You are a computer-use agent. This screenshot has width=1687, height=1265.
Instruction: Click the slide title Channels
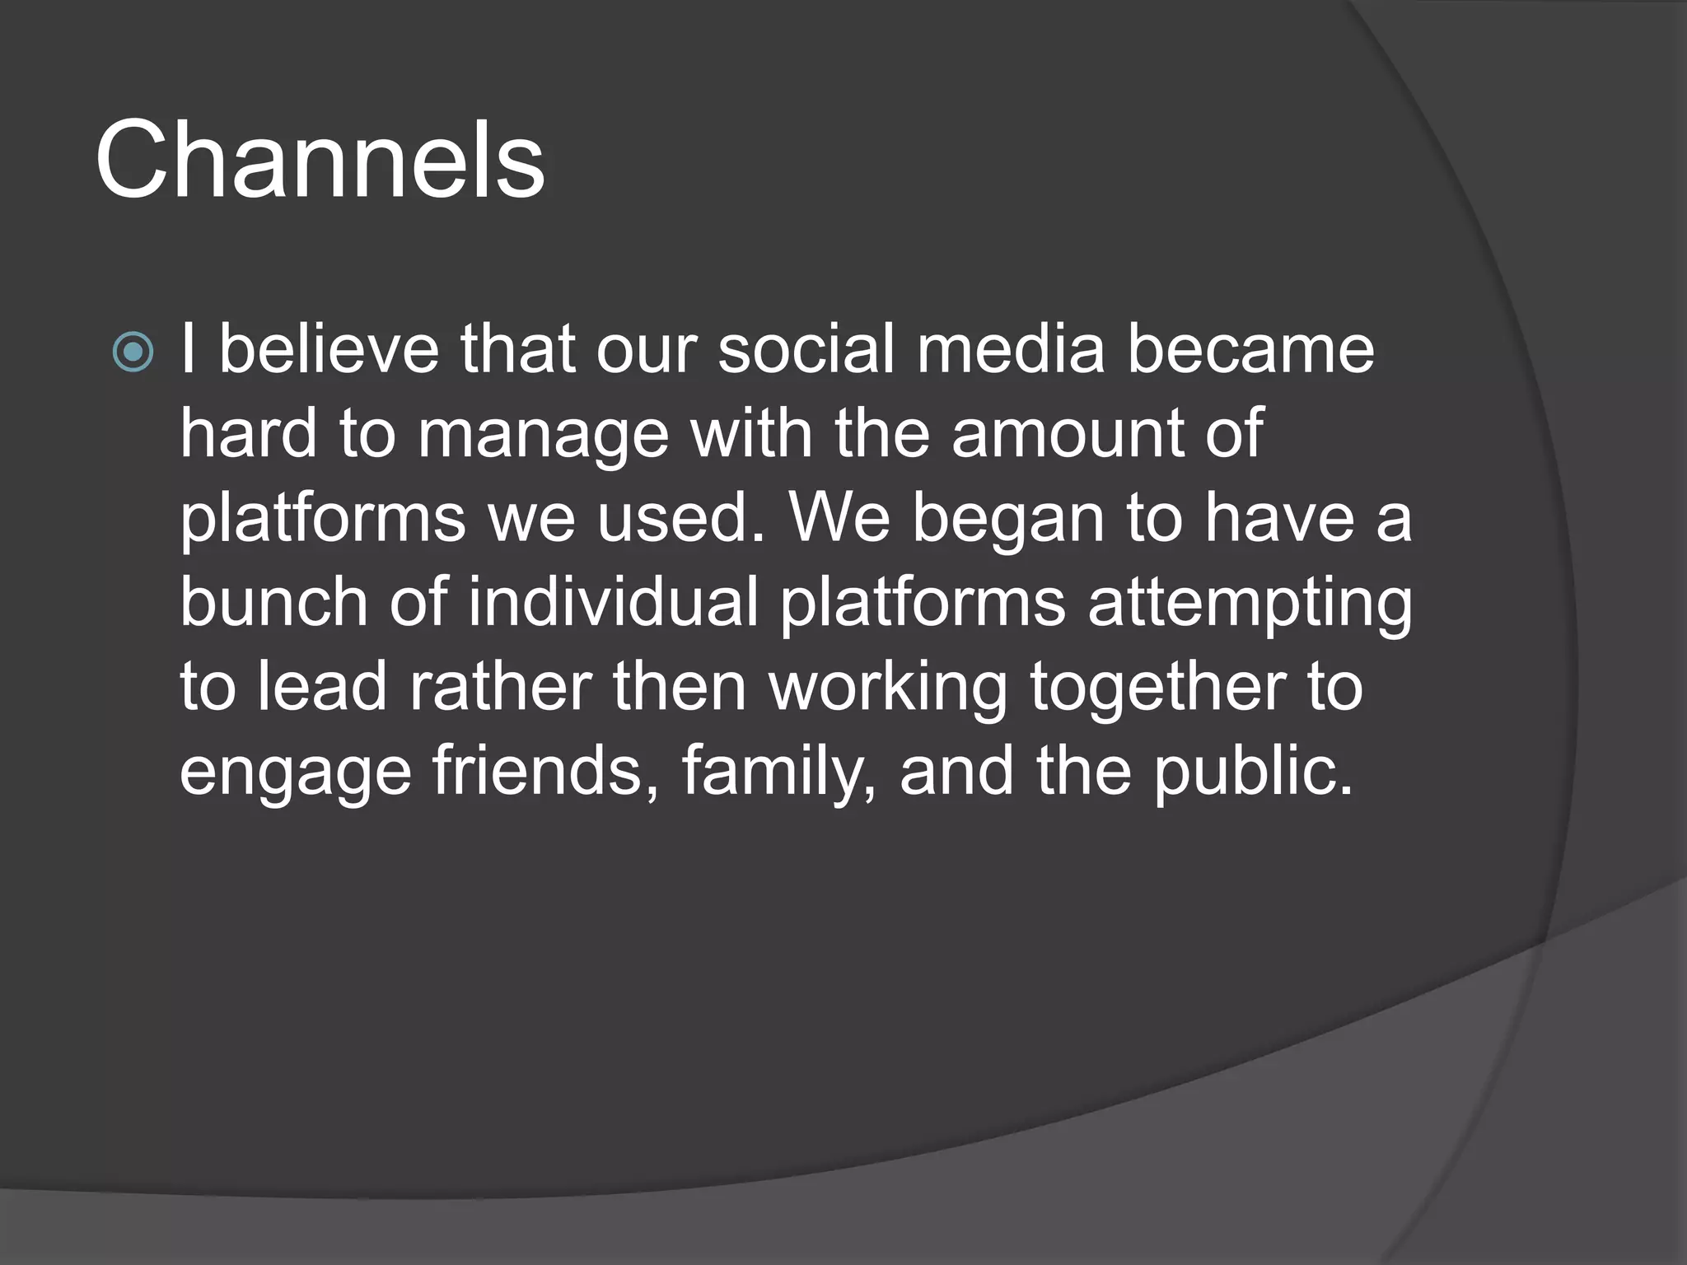point(320,160)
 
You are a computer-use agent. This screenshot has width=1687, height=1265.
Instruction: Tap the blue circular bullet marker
point(133,352)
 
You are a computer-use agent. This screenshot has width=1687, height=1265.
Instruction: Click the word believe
point(329,349)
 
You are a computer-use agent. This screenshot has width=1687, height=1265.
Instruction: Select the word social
point(806,349)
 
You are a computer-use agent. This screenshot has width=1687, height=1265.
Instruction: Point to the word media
point(1010,349)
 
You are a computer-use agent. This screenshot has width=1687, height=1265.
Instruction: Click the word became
point(1250,349)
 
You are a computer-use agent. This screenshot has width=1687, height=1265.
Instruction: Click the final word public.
point(1253,773)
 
